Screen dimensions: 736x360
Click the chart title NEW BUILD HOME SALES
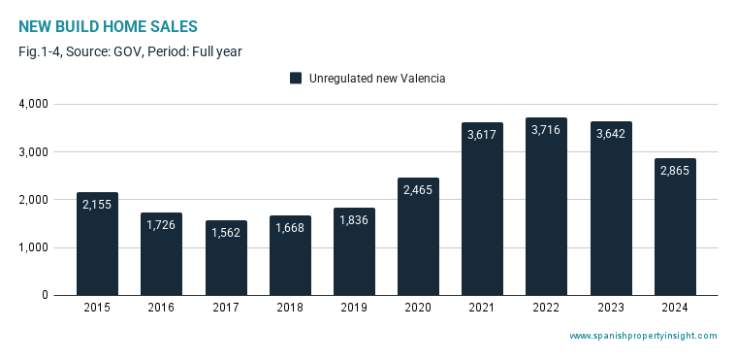tap(108, 27)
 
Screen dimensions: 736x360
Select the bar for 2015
tap(97, 244)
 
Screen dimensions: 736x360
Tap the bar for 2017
tap(226, 258)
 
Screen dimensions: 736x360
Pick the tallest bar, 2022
tap(546, 207)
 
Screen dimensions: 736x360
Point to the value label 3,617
tap(482, 135)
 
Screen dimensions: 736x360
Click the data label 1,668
tap(290, 228)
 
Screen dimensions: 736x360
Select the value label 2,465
tap(418, 190)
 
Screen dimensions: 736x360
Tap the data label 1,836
tap(353, 220)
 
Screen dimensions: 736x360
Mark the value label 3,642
tap(611, 134)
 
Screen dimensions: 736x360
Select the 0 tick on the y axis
tap(45, 295)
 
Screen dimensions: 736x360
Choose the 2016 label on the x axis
tap(161, 308)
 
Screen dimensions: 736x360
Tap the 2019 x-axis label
tap(354, 308)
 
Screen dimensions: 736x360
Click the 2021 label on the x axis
tap(482, 308)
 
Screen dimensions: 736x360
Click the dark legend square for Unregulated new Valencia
tap(296, 78)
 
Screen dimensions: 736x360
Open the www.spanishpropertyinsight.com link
tap(643, 336)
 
